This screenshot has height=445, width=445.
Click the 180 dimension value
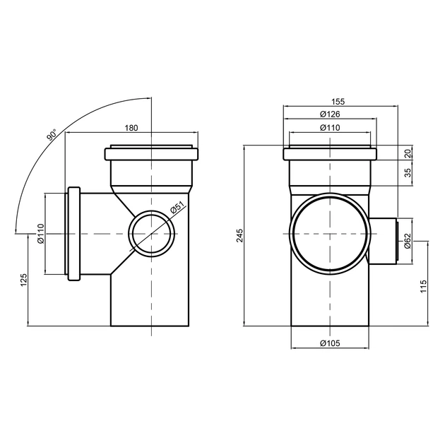(x=131, y=128)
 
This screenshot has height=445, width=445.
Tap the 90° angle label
(x=51, y=136)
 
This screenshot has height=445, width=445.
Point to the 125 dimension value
(x=23, y=281)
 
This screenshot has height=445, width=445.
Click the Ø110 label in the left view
(x=40, y=233)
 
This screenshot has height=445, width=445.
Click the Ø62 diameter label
(x=408, y=242)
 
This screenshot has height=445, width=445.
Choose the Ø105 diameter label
(x=329, y=343)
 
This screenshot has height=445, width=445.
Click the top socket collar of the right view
(x=329, y=154)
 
